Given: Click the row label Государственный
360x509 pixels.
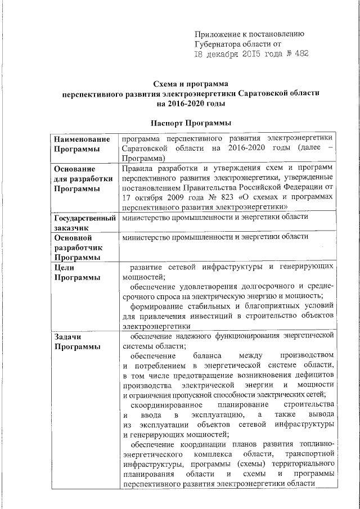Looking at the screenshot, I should [84, 219].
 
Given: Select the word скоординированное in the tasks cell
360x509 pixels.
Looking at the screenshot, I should [166, 405].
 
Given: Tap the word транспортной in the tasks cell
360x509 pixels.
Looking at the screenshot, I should [310, 454].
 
